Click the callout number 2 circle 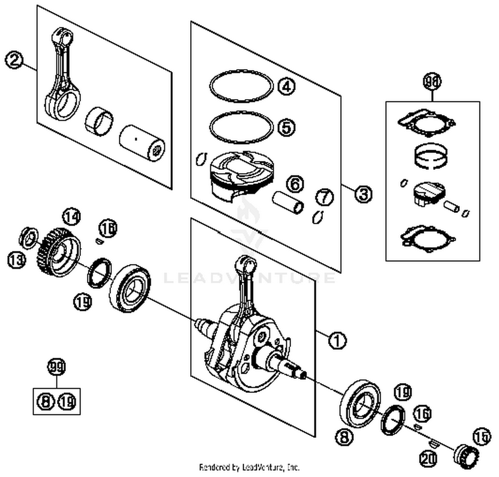coord(14,60)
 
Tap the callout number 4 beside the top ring coord(286,86)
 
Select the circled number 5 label coord(286,127)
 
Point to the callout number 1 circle coord(337,340)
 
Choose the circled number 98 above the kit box coord(432,82)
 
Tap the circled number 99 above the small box coord(56,367)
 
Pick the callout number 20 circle coord(428,459)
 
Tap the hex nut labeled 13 coord(29,237)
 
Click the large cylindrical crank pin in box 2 coord(142,144)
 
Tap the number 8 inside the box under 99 coord(46,401)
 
